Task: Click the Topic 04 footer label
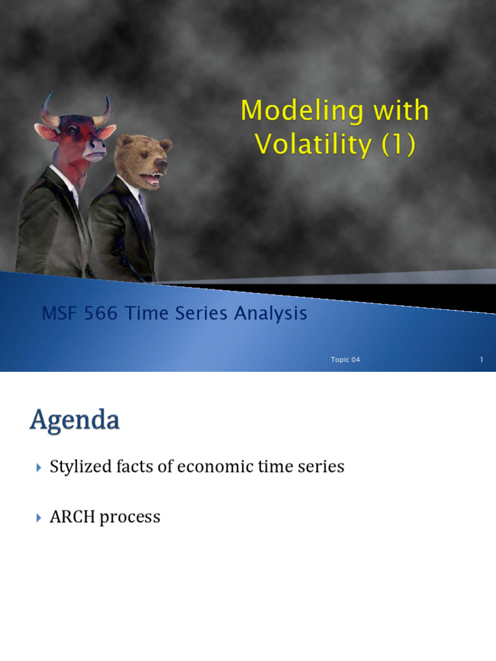(x=345, y=360)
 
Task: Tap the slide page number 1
(x=481, y=360)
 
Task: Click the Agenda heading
(x=75, y=421)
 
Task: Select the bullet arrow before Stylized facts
(x=37, y=467)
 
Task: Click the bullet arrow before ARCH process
(x=37, y=517)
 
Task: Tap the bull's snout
(x=96, y=150)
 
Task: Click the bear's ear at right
(x=165, y=145)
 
